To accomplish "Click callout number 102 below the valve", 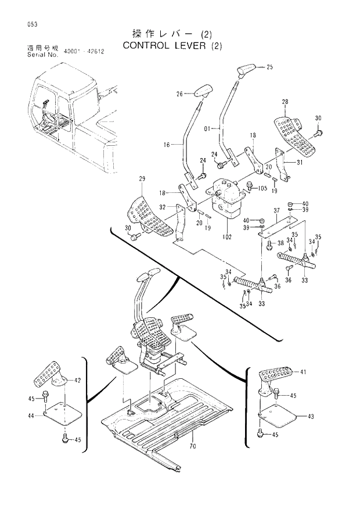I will (x=226, y=237).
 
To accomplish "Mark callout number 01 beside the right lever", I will (x=208, y=128).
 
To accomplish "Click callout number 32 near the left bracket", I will (x=163, y=207).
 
